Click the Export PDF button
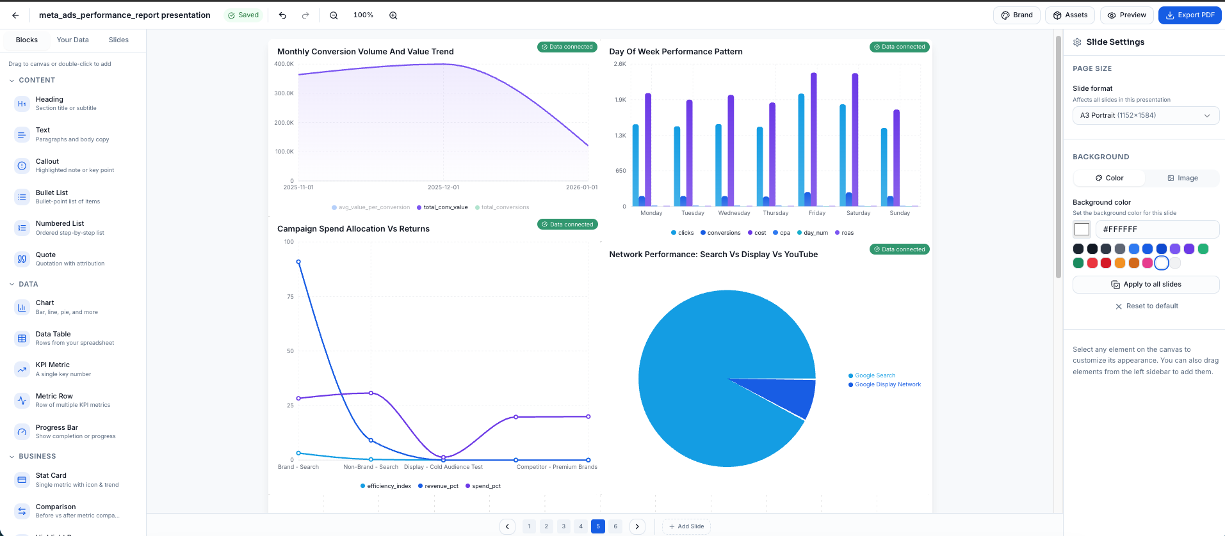coord(1190,15)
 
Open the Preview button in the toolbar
coord(1127,15)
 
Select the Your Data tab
coord(72,40)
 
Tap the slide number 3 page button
coord(564,526)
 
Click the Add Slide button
coord(686,526)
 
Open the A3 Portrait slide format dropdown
coord(1145,116)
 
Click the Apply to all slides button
coord(1146,285)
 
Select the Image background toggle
coord(1182,178)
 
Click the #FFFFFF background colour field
coord(1156,229)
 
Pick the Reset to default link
coord(1146,306)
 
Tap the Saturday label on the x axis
coord(858,213)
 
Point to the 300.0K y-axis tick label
coord(284,93)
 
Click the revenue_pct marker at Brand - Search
coord(298,262)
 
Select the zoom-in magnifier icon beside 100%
coord(393,15)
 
